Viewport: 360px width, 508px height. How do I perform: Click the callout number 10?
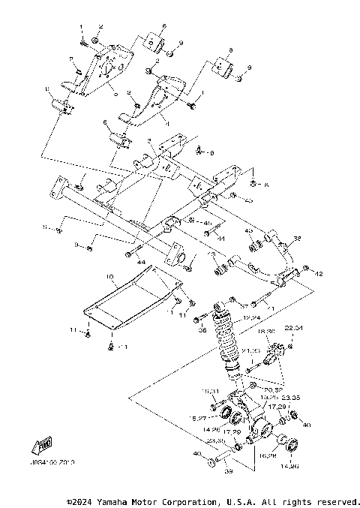[x=109, y=277]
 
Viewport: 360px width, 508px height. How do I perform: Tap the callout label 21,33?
[x=274, y=350]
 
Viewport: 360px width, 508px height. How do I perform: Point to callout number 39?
[x=229, y=473]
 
